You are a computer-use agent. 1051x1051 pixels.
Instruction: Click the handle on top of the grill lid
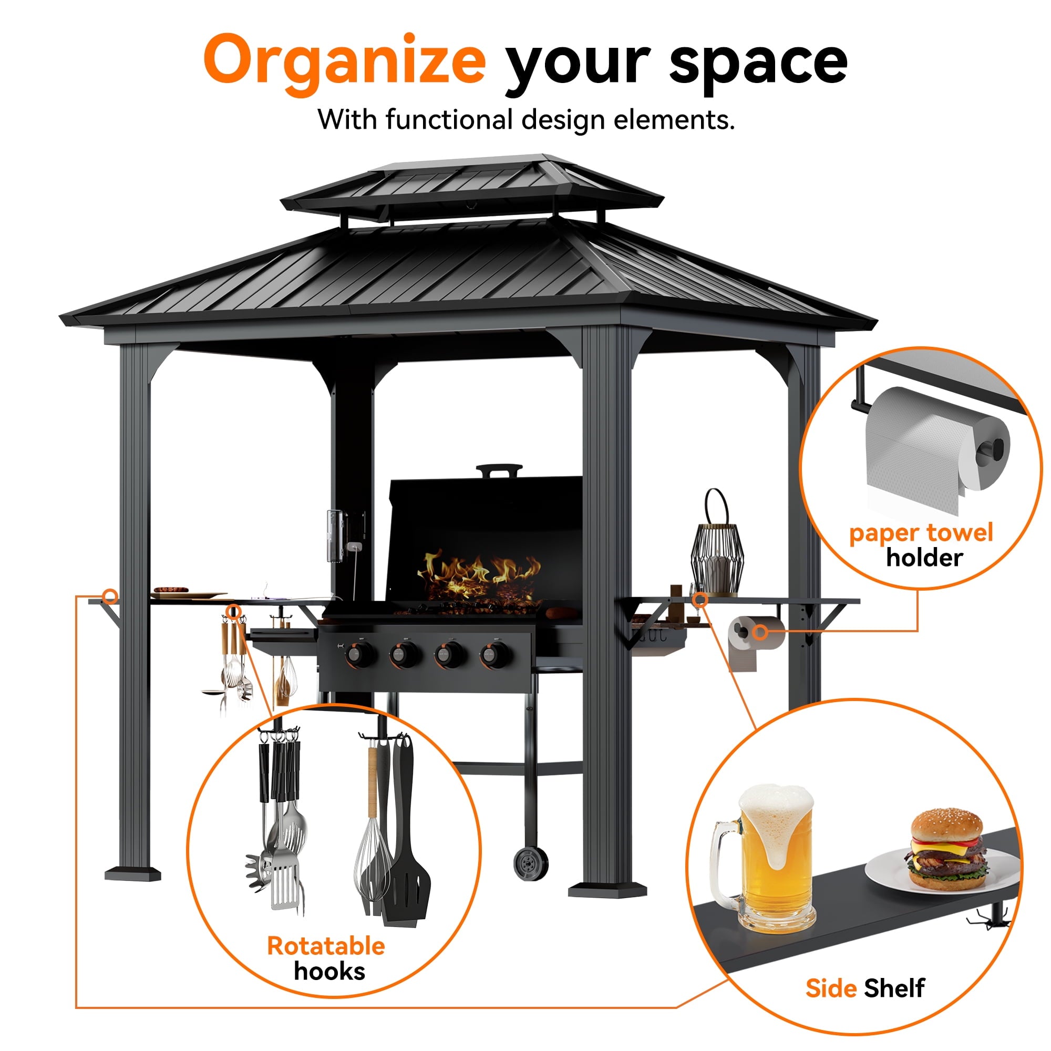pyautogui.click(x=499, y=469)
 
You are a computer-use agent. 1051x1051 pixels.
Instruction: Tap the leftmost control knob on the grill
pyautogui.click(x=359, y=653)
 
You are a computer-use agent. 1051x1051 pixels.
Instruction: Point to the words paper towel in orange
pyautogui.click(x=921, y=532)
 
